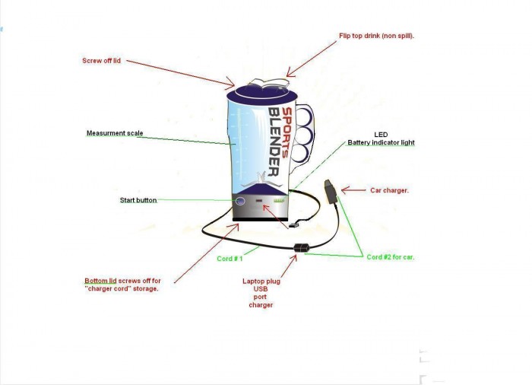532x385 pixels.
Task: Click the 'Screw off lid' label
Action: pyautogui.click(x=101, y=61)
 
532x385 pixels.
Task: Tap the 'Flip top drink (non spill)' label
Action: pyautogui.click(x=377, y=36)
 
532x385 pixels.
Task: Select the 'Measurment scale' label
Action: pyautogui.click(x=115, y=133)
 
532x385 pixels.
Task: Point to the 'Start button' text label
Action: pyautogui.click(x=138, y=200)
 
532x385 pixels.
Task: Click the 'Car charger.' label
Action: pyautogui.click(x=389, y=191)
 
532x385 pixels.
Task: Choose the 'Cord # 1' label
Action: pyautogui.click(x=230, y=259)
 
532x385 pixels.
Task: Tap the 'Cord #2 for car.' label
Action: pyautogui.click(x=391, y=257)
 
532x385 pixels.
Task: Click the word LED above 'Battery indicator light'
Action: pyautogui.click(x=381, y=135)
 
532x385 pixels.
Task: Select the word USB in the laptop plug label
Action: pyautogui.click(x=261, y=289)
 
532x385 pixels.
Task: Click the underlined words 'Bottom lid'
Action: pyautogui.click(x=100, y=281)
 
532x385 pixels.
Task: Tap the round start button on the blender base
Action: pyautogui.click(x=240, y=201)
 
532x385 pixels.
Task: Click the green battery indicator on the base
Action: pyautogui.click(x=279, y=201)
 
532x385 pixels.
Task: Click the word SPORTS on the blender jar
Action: pyautogui.click(x=287, y=132)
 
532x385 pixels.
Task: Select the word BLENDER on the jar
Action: pyautogui.click(x=274, y=142)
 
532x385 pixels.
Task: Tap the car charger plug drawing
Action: pyautogui.click(x=330, y=192)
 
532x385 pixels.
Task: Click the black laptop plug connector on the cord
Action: pyautogui.click(x=301, y=248)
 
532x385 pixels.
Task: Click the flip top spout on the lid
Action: pyautogui.click(x=270, y=83)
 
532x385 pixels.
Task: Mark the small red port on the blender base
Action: pyautogui.click(x=259, y=201)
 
